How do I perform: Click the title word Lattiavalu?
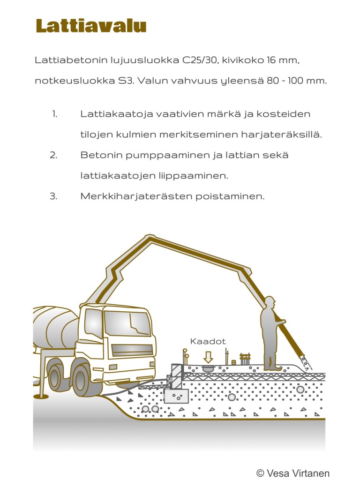tap(91, 26)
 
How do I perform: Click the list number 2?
tap(54, 155)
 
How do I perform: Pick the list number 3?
tap(54, 196)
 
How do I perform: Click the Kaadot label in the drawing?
tap(208, 341)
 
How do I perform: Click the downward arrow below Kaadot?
tap(208, 357)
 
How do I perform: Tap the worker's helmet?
tap(269, 300)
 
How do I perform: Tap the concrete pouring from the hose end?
tap(307, 364)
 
